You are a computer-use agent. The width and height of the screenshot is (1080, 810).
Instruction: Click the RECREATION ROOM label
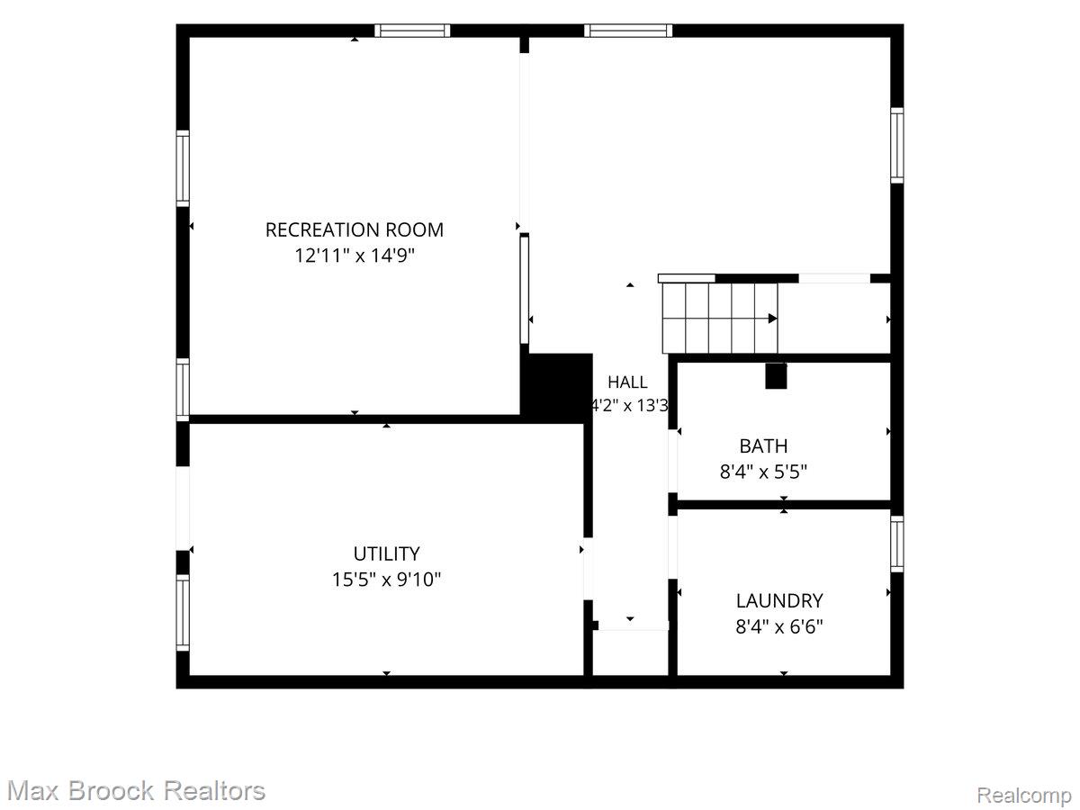(355, 229)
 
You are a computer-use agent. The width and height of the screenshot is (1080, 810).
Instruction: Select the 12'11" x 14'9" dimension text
(355, 256)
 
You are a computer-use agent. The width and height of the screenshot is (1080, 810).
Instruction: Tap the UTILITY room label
(386, 553)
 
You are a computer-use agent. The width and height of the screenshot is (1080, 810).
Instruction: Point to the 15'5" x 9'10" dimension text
(386, 580)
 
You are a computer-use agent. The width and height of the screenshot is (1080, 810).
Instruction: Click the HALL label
(627, 382)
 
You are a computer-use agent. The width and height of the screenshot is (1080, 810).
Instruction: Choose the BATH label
(763, 446)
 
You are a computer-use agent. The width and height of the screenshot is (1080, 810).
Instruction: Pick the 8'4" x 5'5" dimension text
(763, 472)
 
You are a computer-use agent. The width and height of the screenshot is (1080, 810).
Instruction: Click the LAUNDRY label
(779, 601)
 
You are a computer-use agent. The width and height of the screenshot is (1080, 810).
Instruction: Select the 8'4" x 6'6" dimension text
(779, 627)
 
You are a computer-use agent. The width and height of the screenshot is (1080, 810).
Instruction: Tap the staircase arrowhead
(773, 319)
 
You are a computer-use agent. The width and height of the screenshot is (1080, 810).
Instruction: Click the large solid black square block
(556, 388)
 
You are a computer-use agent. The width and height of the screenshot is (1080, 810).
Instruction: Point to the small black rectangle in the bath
(776, 376)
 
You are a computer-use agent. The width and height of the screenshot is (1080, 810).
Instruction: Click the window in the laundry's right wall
(897, 544)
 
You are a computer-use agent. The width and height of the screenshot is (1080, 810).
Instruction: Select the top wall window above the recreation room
(412, 31)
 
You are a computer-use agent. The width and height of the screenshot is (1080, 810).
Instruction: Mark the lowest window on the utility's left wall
(183, 613)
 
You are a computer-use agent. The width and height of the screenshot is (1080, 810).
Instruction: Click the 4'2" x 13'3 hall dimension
(629, 406)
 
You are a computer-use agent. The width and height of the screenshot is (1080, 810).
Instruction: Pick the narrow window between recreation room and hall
(525, 289)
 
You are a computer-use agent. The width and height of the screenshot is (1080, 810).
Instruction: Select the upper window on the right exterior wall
(897, 146)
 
